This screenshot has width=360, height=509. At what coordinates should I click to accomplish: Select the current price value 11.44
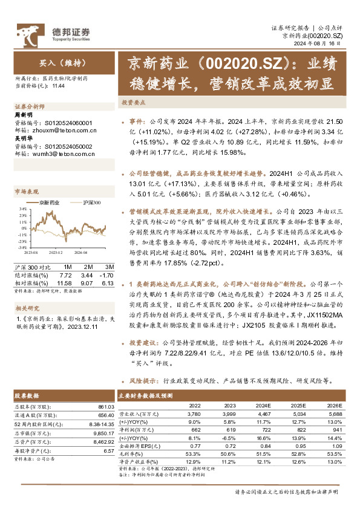click(x=58, y=86)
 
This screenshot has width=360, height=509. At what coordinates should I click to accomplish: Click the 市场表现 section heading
click(x=25, y=192)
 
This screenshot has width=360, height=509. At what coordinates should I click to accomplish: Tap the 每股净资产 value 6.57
click(x=109, y=450)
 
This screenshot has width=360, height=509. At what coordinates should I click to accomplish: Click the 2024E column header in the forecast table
click(x=263, y=405)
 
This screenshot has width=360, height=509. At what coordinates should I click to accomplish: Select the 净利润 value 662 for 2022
click(x=195, y=429)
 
